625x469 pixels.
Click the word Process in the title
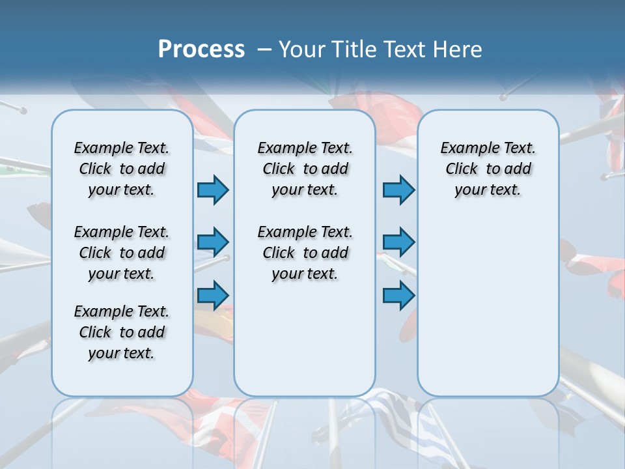click(201, 49)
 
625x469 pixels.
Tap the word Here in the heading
click(458, 50)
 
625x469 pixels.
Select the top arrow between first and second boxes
click(213, 190)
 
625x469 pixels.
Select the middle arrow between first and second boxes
click(213, 242)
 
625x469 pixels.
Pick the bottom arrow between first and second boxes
click(213, 295)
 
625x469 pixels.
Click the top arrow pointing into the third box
click(398, 190)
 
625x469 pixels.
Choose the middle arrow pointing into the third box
click(398, 242)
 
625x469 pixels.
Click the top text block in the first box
click(122, 169)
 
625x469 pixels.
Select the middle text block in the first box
click(122, 253)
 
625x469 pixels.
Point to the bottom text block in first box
click(122, 332)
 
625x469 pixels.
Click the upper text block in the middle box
click(305, 169)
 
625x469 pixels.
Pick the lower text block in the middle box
click(305, 253)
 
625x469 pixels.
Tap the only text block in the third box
click(488, 169)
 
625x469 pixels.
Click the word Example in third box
click(464, 148)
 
